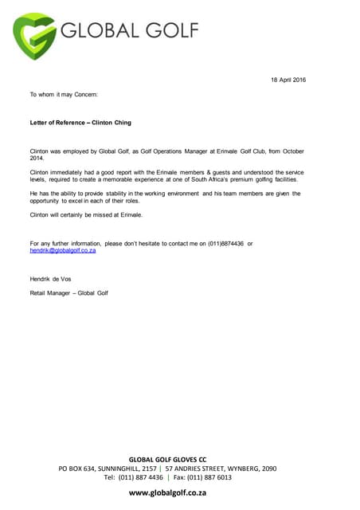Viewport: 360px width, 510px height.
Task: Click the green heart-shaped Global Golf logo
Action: click(36, 36)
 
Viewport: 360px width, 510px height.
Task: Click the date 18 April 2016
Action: click(288, 80)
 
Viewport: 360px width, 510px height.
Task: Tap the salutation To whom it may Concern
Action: click(63, 95)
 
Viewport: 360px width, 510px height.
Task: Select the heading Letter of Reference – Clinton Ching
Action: click(80, 123)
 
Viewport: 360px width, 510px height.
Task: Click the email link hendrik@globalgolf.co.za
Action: click(63, 250)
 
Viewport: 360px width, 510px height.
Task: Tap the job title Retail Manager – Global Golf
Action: click(68, 293)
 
